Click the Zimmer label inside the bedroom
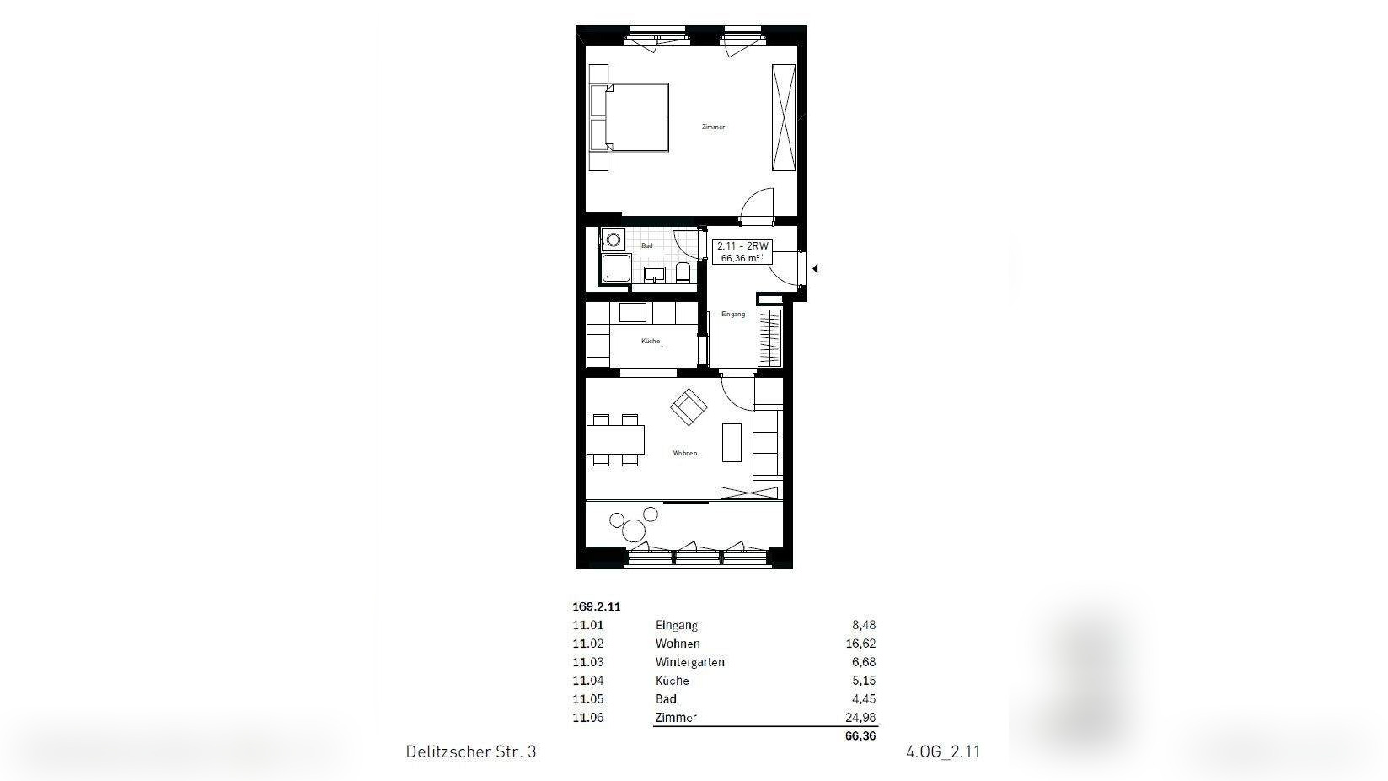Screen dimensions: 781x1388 click(713, 127)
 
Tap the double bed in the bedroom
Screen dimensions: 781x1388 click(637, 117)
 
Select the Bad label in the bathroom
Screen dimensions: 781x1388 click(646, 245)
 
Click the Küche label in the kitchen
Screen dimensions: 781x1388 click(651, 342)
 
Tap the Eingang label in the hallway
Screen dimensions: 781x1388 click(733, 315)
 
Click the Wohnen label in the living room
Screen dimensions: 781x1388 click(684, 454)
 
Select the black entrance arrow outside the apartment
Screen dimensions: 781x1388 click(815, 269)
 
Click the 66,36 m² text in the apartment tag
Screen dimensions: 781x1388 click(741, 259)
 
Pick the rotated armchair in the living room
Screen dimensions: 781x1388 click(689, 407)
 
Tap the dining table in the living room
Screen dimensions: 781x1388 click(615, 439)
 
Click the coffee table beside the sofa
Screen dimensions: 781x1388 click(732, 441)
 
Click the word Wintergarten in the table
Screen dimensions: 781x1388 click(689, 662)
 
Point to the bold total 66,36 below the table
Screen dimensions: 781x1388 click(860, 736)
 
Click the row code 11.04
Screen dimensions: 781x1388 click(587, 681)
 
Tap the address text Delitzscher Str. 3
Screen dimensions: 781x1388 click(470, 751)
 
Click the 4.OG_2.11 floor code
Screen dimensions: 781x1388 click(943, 751)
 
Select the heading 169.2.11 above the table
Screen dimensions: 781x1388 click(596, 606)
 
